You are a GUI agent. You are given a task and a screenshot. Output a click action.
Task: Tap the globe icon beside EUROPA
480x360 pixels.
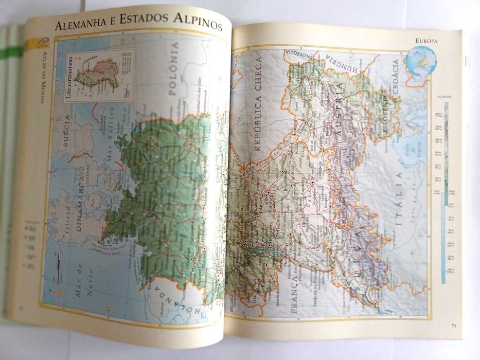click(x=420, y=61)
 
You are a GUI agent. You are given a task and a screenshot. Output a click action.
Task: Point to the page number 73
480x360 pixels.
click(x=453, y=325)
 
